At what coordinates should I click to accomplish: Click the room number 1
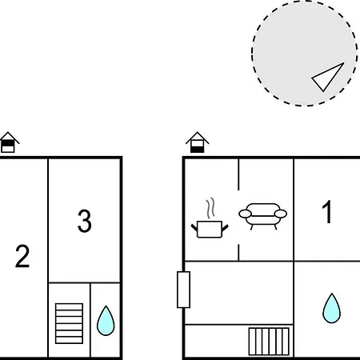click(327, 212)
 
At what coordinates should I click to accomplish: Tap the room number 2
click(22, 256)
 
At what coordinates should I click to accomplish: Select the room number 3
click(85, 221)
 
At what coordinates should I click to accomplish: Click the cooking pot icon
click(210, 229)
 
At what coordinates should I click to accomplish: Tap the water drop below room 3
click(106, 321)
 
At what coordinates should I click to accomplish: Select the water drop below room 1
click(331, 308)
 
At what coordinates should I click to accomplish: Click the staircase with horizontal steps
click(69, 323)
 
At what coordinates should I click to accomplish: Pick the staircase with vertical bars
click(269, 342)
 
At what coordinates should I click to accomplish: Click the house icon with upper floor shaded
click(9, 142)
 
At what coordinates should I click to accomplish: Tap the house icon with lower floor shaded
click(198, 142)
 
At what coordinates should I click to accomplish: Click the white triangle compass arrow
click(328, 77)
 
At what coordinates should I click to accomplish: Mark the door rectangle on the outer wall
click(184, 290)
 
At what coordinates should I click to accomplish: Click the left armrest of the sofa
click(245, 214)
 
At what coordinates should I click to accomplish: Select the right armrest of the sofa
click(281, 214)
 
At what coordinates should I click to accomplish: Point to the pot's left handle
click(194, 228)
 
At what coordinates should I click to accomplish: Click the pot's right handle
click(225, 228)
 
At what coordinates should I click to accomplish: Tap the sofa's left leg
click(251, 227)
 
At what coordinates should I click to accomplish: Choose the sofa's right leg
click(275, 227)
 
